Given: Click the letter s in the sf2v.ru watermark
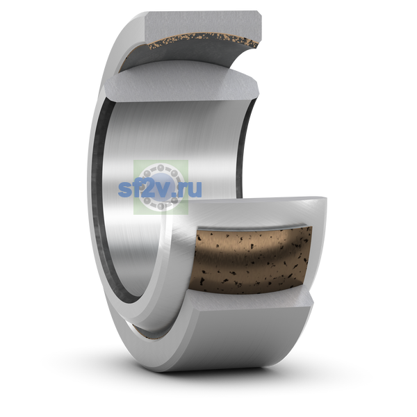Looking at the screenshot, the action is click(124, 189).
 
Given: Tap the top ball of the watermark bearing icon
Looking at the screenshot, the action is click(161, 167).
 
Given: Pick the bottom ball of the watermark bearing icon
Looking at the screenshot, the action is click(161, 206).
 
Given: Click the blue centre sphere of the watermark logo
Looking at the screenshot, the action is click(161, 186).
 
